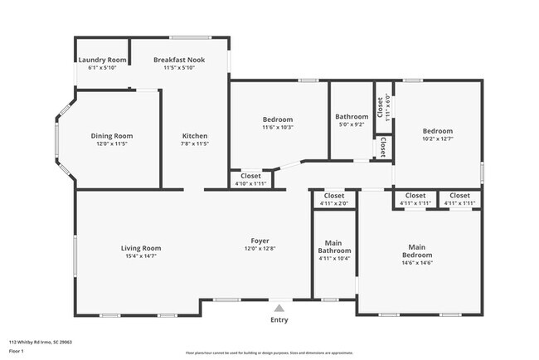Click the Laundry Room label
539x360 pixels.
click(102, 60)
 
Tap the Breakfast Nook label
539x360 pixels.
click(178, 60)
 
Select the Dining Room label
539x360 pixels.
click(111, 136)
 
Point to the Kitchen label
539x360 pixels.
click(195, 136)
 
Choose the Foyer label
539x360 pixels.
click(258, 241)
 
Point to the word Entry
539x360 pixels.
click(279, 319)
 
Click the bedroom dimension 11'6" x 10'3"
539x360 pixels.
click(277, 128)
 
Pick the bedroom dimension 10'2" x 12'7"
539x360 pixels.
click(437, 139)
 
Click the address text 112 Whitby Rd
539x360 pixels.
click(41, 342)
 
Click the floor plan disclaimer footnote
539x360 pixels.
click(269, 352)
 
